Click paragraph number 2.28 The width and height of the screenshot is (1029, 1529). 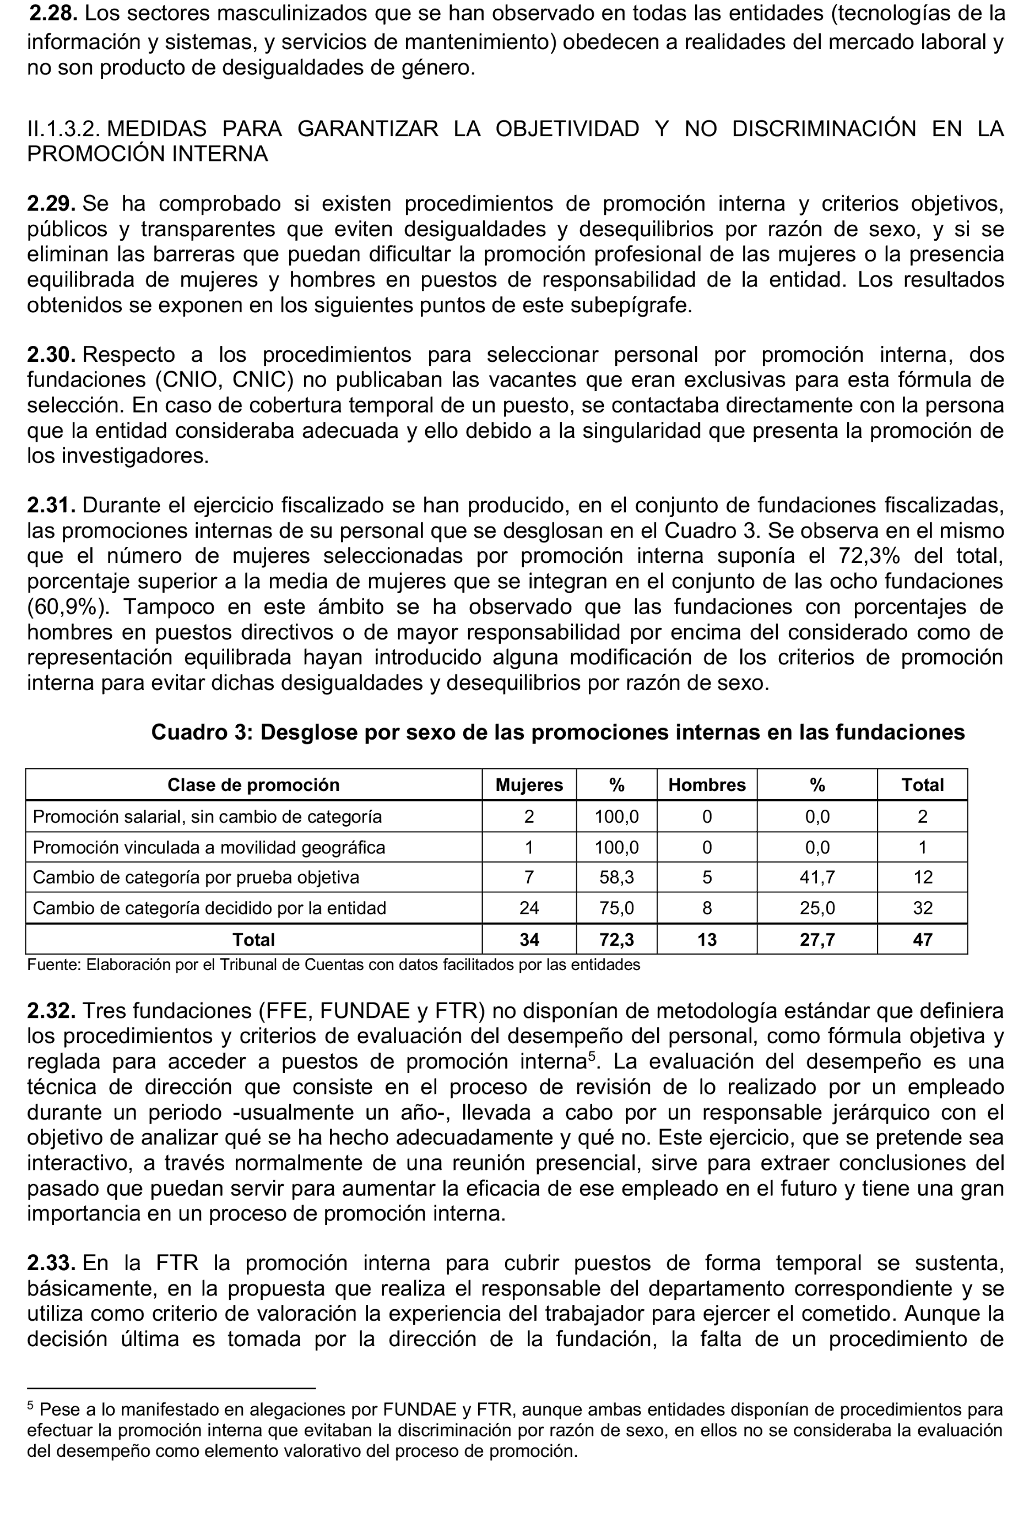click(x=53, y=13)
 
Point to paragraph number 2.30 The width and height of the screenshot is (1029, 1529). click(x=51, y=355)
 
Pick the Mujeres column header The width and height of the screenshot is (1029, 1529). click(x=529, y=785)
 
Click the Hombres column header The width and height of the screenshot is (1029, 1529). click(x=707, y=785)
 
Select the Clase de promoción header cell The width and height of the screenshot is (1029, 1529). click(x=253, y=785)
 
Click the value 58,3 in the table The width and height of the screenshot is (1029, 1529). click(x=616, y=878)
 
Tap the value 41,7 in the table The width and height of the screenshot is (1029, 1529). click(x=817, y=878)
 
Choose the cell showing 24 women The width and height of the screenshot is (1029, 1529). click(x=529, y=908)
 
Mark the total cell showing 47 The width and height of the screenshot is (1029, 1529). click(x=922, y=940)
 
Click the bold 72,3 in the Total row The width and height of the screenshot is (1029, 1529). click(x=616, y=940)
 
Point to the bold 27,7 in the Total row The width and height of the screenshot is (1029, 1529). click(x=817, y=940)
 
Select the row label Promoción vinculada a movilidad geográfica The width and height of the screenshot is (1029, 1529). click(x=209, y=848)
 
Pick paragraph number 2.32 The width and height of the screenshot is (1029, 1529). click(x=51, y=1011)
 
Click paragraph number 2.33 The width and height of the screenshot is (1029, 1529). click(x=51, y=1263)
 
